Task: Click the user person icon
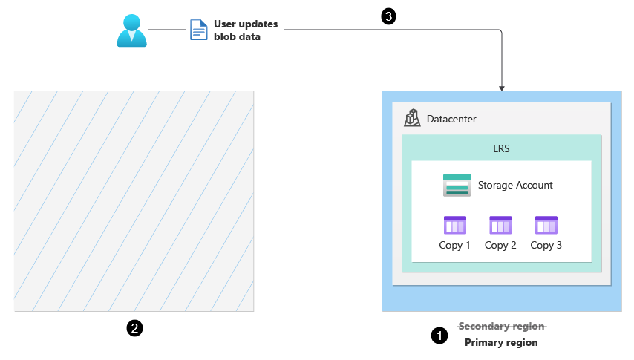click(132, 30)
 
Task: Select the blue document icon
click(198, 30)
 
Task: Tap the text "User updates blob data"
click(245, 30)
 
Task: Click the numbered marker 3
click(388, 16)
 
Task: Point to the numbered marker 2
click(134, 327)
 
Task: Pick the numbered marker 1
click(439, 336)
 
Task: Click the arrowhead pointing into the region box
click(503, 88)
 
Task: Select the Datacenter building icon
click(412, 118)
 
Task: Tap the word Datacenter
click(451, 119)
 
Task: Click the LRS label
click(501, 148)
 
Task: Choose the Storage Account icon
click(457, 185)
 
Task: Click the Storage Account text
click(515, 185)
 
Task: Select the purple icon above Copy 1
click(455, 225)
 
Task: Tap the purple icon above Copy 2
click(500, 225)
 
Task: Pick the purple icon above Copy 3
click(546, 225)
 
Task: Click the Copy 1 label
click(455, 245)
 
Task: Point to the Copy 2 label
click(500, 245)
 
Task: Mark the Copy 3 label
click(546, 245)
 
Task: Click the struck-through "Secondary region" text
click(502, 326)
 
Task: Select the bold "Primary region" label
click(501, 342)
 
